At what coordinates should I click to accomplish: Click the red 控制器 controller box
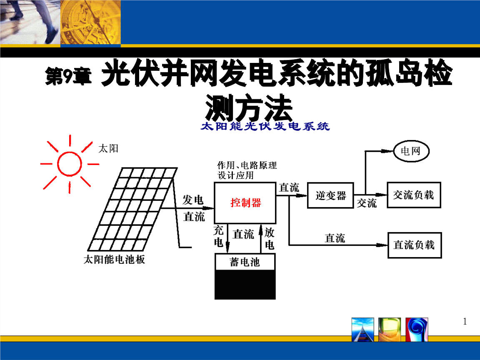[x=245, y=203]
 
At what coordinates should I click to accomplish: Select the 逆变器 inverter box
[x=330, y=195]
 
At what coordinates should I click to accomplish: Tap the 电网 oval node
[x=412, y=151]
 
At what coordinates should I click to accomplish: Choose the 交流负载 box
[x=414, y=195]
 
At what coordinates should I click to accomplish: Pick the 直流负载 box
[x=414, y=245]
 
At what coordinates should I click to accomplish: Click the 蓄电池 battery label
[x=245, y=262]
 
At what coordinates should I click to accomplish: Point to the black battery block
[x=245, y=285]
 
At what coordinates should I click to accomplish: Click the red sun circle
[x=70, y=163]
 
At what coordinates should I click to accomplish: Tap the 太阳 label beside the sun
[x=108, y=148]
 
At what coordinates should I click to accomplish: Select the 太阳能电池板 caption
[x=114, y=260]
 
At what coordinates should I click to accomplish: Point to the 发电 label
[x=193, y=200]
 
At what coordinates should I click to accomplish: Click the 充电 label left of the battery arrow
[x=219, y=236]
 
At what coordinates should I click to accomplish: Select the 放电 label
[x=270, y=238]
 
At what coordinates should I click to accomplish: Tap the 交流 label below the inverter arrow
[x=367, y=203]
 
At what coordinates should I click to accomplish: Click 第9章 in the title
[x=68, y=77]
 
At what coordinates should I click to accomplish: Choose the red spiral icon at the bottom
[x=417, y=330]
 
